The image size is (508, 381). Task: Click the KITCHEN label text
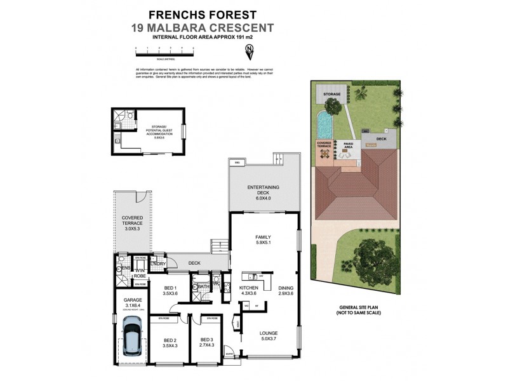[248, 289]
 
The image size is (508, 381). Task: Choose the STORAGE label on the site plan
[331, 94]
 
